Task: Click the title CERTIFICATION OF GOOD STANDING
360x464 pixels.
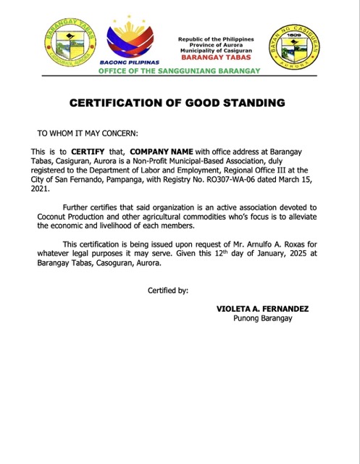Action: coord(177,103)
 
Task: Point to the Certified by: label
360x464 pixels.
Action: coord(167,290)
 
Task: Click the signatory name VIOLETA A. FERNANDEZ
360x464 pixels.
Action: coord(262,309)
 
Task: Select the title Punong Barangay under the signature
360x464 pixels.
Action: coord(261,318)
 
